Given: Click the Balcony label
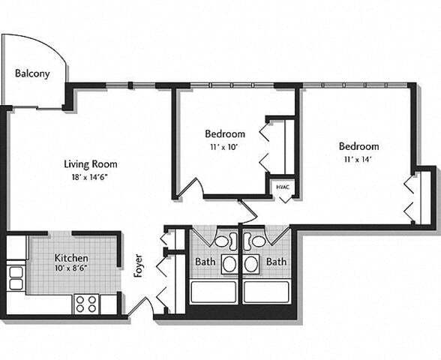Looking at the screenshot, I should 32,73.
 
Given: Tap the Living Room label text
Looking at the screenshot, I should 90,164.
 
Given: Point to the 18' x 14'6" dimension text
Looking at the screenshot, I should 90,177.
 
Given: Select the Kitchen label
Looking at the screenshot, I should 71,257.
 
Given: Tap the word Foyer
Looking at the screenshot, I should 138,266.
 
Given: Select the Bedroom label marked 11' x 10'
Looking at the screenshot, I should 225,134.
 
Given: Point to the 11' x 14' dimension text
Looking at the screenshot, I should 358,159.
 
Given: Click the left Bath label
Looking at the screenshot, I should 205,262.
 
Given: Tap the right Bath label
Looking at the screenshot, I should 277,262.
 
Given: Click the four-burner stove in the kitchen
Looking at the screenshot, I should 86,304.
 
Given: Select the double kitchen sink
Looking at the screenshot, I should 16,278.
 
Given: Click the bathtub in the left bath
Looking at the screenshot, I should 213,292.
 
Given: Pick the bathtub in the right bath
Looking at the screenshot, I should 266,292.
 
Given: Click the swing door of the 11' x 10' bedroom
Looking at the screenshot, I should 190,187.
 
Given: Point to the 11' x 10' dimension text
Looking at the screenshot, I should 225,148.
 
